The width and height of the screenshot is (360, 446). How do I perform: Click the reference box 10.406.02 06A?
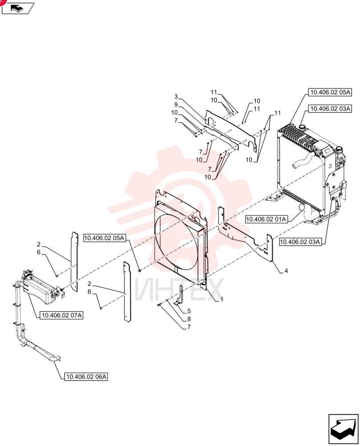click(x=86, y=376)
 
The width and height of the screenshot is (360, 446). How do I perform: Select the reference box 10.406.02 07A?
click(x=62, y=315)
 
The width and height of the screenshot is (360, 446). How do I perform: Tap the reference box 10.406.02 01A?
click(x=266, y=219)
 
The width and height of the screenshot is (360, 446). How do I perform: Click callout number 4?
click(x=286, y=271)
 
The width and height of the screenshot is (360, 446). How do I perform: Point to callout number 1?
click(x=221, y=299)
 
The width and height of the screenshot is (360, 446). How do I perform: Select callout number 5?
click(x=189, y=311)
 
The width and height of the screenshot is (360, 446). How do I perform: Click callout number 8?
click(x=189, y=319)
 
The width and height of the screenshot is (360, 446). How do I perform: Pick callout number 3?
click(x=176, y=97)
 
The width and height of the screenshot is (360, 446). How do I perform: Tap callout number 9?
click(x=176, y=105)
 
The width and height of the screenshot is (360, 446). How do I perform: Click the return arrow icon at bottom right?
click(x=343, y=429)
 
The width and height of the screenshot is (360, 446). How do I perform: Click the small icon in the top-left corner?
click(x=18, y=8)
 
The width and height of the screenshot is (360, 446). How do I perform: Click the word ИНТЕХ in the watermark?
click(x=179, y=289)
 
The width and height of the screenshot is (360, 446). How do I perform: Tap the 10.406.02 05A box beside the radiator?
click(x=330, y=92)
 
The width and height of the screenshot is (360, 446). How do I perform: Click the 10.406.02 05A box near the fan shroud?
click(x=105, y=238)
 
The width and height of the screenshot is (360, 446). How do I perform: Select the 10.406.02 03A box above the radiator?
click(x=330, y=109)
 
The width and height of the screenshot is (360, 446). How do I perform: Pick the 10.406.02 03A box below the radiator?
click(x=300, y=242)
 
